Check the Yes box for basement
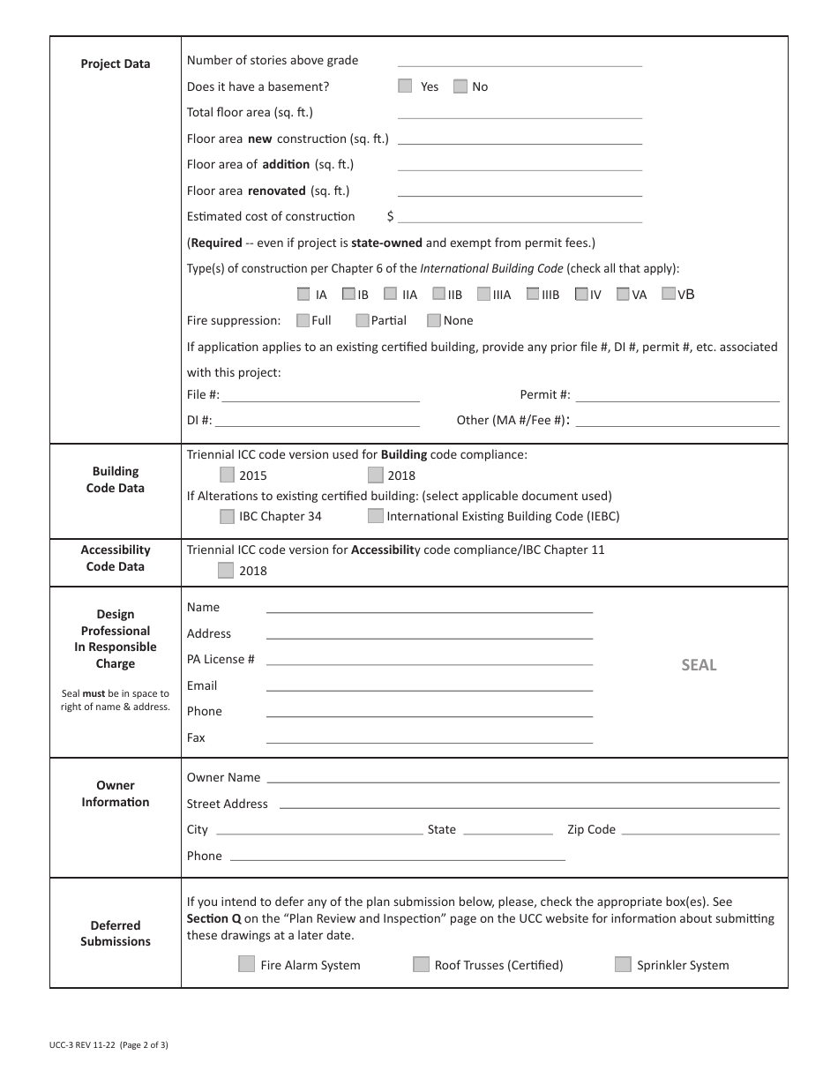pos(405,86)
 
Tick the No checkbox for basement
pos(460,86)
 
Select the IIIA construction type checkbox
pos(483,295)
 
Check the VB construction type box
pos(669,294)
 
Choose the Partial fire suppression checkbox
pos(363,320)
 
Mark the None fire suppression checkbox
pos(434,320)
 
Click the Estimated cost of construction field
pos(520,216)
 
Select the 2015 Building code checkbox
pos(228,475)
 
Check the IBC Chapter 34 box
pos(228,516)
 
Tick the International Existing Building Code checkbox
pos(376,516)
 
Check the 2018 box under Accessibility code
pos(226,571)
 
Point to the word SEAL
pos(699,665)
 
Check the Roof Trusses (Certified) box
pos(422,964)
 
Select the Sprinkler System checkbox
pos(623,964)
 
